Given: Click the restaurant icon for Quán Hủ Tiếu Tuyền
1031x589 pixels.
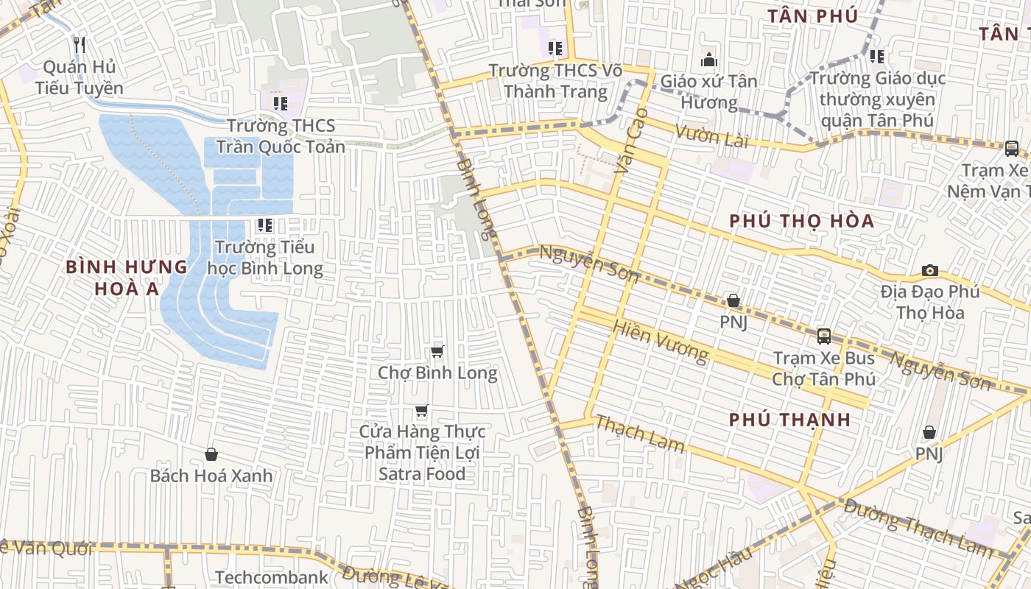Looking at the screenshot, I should [80, 45].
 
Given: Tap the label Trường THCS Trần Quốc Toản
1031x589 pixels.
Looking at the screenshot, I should [286, 136].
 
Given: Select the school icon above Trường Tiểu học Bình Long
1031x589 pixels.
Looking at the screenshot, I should [264, 225].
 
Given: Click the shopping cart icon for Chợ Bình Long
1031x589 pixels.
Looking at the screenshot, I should [437, 352].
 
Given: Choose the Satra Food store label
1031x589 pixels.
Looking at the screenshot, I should [421, 453].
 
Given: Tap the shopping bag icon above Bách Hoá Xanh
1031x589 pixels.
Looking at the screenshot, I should [211, 454].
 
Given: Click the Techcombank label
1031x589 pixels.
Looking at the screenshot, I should [272, 577].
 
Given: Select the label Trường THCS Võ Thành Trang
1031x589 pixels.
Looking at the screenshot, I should [555, 81].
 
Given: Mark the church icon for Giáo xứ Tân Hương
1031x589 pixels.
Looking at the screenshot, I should [708, 60].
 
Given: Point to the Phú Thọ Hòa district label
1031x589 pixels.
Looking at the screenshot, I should [802, 221].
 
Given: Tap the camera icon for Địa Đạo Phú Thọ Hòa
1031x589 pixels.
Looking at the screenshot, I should [930, 271].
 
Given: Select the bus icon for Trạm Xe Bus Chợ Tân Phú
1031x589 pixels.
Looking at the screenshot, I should [823, 336].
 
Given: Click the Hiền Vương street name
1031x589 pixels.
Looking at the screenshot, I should [661, 342].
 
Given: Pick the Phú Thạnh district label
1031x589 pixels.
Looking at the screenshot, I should [790, 420].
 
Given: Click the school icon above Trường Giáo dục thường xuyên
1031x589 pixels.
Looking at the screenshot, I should [876, 56].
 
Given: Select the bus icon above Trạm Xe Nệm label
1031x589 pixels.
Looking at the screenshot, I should [1012, 149].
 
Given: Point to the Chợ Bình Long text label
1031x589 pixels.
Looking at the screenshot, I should [437, 373].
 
